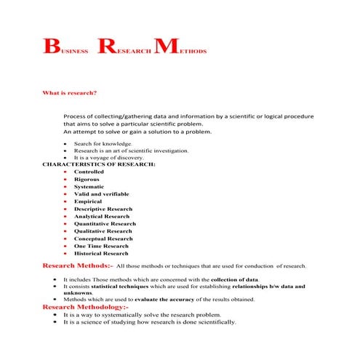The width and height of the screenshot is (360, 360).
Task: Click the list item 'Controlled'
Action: (x=89, y=172)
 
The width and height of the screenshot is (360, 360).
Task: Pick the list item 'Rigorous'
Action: (x=87, y=180)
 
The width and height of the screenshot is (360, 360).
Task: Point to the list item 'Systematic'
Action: (x=89, y=187)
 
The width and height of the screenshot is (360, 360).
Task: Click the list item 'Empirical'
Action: (x=87, y=201)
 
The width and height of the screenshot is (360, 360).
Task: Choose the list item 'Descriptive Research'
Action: (x=103, y=209)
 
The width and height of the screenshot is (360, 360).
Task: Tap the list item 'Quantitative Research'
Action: (x=105, y=224)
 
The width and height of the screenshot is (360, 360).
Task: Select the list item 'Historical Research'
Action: (x=101, y=254)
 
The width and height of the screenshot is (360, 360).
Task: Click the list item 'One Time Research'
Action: (x=101, y=246)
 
